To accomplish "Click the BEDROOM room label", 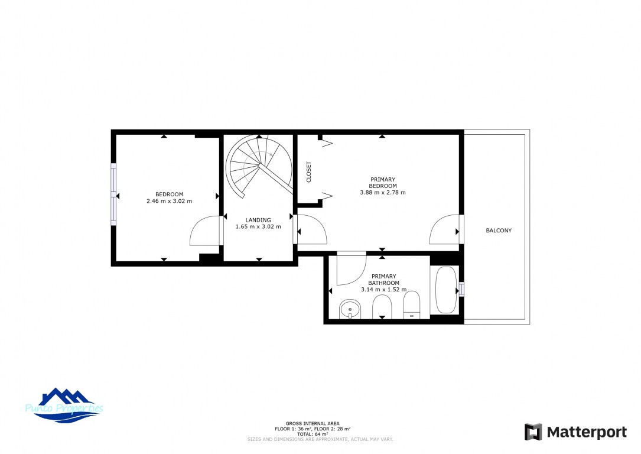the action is point(169,194).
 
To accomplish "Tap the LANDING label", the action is point(258,220).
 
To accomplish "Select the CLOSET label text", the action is point(308,172).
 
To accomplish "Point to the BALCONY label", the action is point(499,231).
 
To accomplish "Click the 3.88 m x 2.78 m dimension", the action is point(383,192).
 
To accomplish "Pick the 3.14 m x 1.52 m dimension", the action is point(383,289).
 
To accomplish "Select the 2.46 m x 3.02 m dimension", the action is point(169,201).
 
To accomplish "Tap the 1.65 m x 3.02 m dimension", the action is point(258,226).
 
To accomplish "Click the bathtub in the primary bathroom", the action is point(445,290).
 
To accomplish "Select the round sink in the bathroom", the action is point(350,309).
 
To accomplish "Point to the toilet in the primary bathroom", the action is point(412,304).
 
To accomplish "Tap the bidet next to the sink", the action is point(382,307).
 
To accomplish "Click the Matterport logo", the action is point(575,432).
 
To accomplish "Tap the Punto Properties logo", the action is point(64,405).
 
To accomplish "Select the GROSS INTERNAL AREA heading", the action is point(313,424).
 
